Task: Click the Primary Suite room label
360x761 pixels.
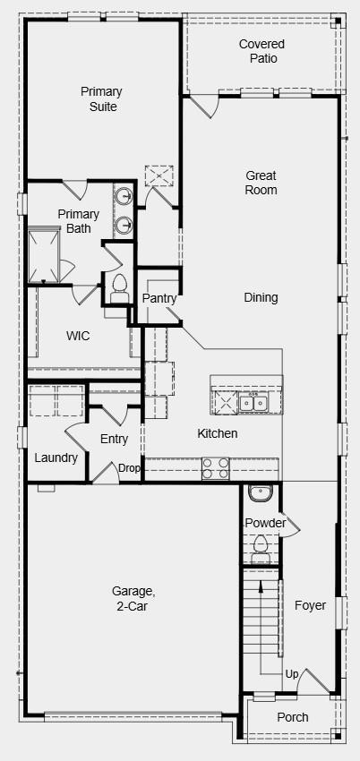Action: pyautogui.click(x=101, y=99)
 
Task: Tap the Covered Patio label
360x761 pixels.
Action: pyautogui.click(x=262, y=51)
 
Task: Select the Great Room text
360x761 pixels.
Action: pyautogui.click(x=261, y=183)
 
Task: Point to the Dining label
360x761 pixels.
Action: pyautogui.click(x=261, y=297)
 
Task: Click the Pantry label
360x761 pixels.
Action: pyautogui.click(x=159, y=298)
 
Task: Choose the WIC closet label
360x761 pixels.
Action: pyautogui.click(x=79, y=336)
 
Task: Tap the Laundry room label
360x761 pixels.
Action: pyautogui.click(x=56, y=457)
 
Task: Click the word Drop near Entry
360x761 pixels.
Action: pyautogui.click(x=129, y=468)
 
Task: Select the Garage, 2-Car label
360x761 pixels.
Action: pyautogui.click(x=133, y=599)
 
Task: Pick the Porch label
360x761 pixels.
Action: pyautogui.click(x=292, y=717)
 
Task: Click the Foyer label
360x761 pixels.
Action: pyautogui.click(x=310, y=605)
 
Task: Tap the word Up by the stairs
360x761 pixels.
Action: pyautogui.click(x=291, y=673)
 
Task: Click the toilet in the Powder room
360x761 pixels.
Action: pyautogui.click(x=261, y=545)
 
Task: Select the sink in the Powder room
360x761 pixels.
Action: pyautogui.click(x=261, y=493)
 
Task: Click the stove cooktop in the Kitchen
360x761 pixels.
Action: pyautogui.click(x=215, y=468)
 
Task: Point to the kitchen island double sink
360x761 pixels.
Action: pyautogui.click(x=255, y=404)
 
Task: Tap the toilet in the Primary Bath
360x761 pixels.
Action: pyautogui.click(x=118, y=287)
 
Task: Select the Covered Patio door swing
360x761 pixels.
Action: pyautogui.click(x=202, y=107)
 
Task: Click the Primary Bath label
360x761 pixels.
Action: pyautogui.click(x=78, y=221)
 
